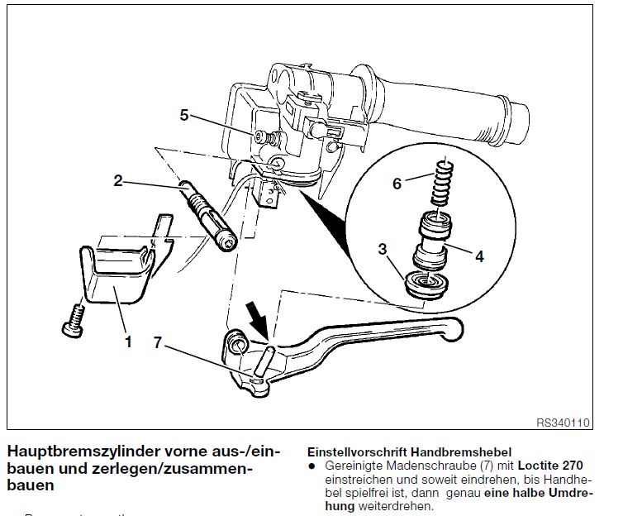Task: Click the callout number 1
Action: click(x=128, y=341)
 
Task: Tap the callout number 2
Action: click(x=119, y=180)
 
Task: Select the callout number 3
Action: click(x=383, y=248)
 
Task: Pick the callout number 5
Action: click(x=184, y=116)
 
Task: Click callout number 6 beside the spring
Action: click(x=397, y=184)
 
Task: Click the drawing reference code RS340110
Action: click(x=563, y=423)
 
